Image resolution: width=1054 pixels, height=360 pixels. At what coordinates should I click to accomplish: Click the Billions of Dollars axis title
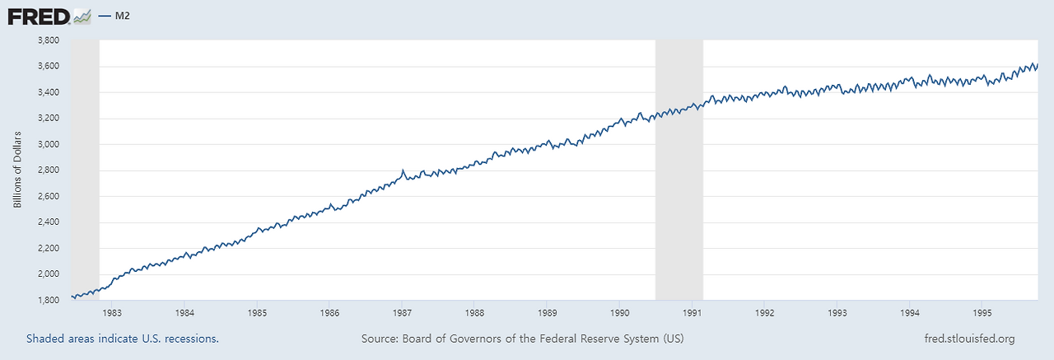pos(17,169)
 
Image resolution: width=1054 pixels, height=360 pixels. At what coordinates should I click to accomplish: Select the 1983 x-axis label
pos(112,313)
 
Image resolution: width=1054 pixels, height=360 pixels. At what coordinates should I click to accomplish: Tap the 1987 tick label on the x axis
pos(402,313)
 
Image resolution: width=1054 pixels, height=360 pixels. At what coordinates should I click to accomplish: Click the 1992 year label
pos(764,313)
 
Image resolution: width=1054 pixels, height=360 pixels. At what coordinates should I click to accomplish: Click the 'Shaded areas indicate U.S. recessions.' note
pos(123,339)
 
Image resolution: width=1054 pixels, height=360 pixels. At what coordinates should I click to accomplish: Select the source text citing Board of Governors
pos(522,339)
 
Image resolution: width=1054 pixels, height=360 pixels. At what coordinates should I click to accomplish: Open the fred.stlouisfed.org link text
pos(970,339)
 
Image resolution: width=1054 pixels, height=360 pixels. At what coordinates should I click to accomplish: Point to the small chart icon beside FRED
pos(82,15)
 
